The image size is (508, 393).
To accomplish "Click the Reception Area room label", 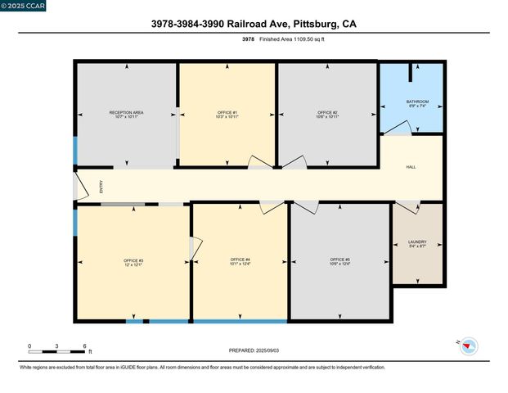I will [127, 113].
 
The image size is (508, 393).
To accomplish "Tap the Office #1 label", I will [227, 113].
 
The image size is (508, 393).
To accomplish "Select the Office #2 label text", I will [328, 113].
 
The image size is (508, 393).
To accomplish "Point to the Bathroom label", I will [417, 102].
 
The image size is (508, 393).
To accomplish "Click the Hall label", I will [411, 167].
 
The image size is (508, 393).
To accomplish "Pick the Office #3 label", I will [133, 262].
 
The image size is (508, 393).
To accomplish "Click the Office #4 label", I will [241, 262].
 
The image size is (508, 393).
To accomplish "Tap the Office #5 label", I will [339, 262].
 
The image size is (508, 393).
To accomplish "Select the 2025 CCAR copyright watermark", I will [24, 6].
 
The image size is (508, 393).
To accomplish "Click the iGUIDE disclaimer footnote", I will [202, 368].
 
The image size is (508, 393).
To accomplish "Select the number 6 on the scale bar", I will [84, 346].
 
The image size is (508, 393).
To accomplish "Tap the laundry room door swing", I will [407, 207].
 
